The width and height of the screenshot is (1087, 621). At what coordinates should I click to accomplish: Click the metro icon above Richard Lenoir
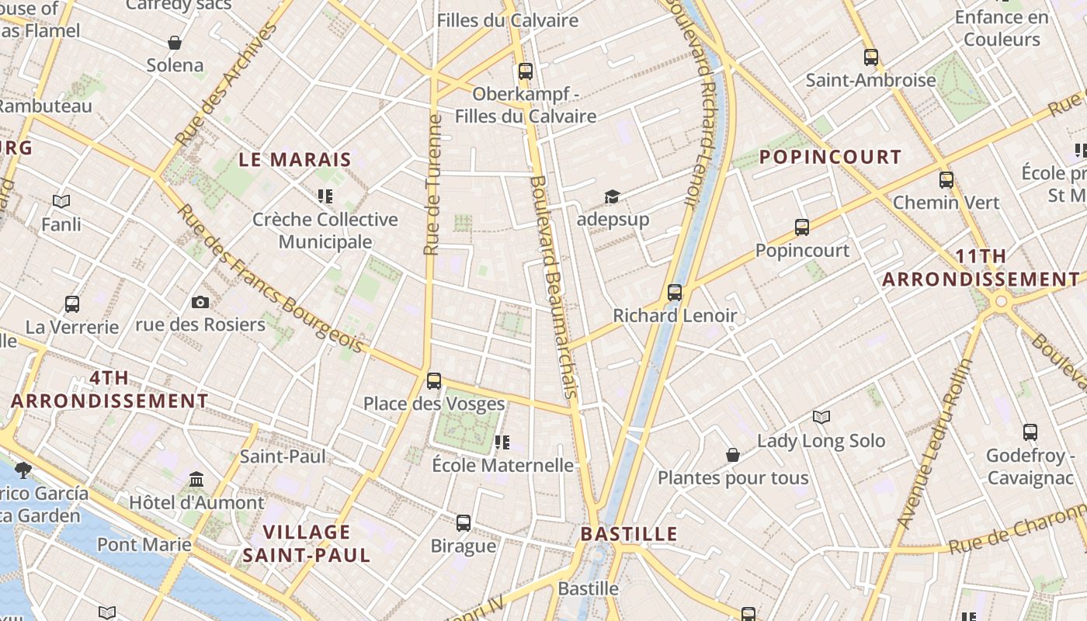[675, 293]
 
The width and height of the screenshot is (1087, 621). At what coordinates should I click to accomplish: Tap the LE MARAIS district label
[294, 160]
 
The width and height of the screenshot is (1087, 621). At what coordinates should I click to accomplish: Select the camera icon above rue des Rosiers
[200, 302]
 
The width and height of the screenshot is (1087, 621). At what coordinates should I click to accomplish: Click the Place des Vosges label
[434, 404]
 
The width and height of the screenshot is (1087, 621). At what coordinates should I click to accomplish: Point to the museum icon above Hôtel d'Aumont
[196, 480]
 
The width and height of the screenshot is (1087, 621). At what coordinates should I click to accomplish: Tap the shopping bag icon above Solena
[175, 43]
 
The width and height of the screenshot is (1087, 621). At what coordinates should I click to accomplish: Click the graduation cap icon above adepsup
[613, 196]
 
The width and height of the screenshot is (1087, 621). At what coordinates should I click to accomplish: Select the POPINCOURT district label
[830, 157]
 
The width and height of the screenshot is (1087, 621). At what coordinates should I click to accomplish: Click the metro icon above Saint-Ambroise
[870, 57]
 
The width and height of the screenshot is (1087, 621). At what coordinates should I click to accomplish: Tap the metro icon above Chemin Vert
[946, 180]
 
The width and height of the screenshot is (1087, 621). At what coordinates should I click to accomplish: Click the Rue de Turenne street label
[433, 185]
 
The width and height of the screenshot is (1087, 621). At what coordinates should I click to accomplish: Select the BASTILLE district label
[629, 534]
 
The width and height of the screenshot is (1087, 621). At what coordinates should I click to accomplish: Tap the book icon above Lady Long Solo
[821, 418]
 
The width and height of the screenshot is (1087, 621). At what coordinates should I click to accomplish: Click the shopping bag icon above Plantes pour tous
[732, 455]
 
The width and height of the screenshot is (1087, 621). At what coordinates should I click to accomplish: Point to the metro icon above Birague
[464, 523]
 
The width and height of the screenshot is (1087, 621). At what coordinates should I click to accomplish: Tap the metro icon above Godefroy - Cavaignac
[1030, 432]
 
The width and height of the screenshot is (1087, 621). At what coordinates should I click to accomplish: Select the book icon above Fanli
[61, 202]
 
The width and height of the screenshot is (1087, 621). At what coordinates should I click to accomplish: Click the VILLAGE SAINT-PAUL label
[307, 543]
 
